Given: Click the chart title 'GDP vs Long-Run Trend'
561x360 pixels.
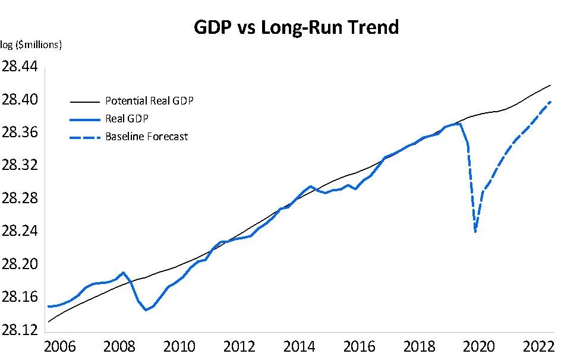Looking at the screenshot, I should [x=297, y=27].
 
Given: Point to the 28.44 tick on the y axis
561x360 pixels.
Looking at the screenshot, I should [x=20, y=67].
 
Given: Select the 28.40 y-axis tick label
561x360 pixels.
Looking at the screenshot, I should [x=20, y=100].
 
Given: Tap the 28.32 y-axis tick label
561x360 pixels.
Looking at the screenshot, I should [x=20, y=165].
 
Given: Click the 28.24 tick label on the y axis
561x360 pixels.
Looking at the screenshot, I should [x=20, y=231].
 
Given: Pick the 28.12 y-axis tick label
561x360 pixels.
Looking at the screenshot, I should [x=20, y=330].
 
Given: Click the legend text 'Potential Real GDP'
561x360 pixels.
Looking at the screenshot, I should [x=149, y=100].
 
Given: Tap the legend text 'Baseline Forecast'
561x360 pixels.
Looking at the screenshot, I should [x=146, y=137].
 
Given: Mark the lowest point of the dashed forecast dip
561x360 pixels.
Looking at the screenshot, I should [x=475, y=231].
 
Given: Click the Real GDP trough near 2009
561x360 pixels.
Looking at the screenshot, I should [x=146, y=310].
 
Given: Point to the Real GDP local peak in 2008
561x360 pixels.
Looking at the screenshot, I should [x=123, y=273].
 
